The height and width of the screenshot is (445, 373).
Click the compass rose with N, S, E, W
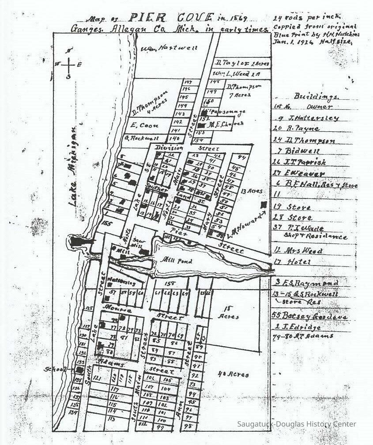coord(68,64)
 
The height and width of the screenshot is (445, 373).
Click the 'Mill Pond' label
coord(177,261)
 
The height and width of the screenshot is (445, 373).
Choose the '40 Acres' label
coord(234,374)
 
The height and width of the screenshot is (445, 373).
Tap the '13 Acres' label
coord(252,191)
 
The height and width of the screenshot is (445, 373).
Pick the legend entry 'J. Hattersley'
coord(308,118)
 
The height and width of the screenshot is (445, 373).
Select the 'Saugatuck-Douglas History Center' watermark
coord(297,424)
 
